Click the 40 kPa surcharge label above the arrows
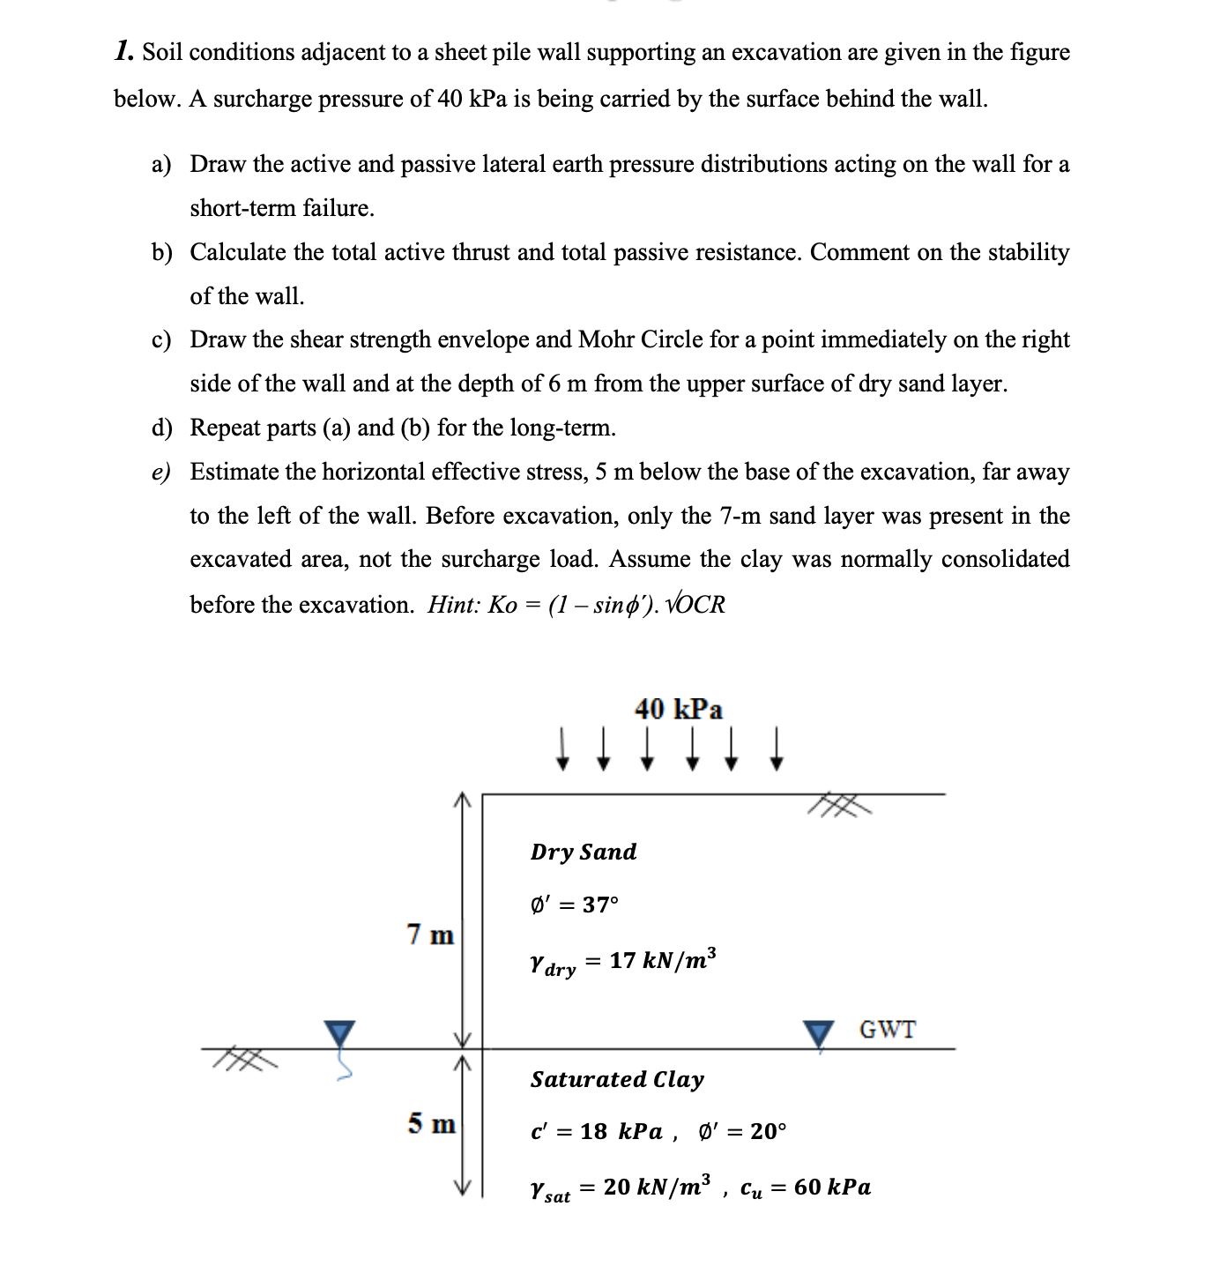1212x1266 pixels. (678, 709)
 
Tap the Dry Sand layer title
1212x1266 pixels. (583, 852)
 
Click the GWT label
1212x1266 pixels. (887, 1029)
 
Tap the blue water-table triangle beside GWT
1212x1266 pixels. (819, 1033)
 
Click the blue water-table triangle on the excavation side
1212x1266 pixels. (338, 1032)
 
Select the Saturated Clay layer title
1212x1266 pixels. (617, 1079)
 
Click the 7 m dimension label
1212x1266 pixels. (430, 934)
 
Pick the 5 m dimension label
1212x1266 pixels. (431, 1123)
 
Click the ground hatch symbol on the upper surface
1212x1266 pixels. (839, 805)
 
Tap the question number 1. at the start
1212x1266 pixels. (124, 51)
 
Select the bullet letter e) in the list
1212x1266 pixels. (160, 472)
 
